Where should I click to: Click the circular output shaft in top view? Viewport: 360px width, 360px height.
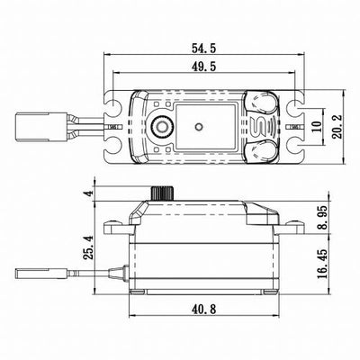click(164, 125)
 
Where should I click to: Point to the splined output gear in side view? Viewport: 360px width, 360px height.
click(164, 193)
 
